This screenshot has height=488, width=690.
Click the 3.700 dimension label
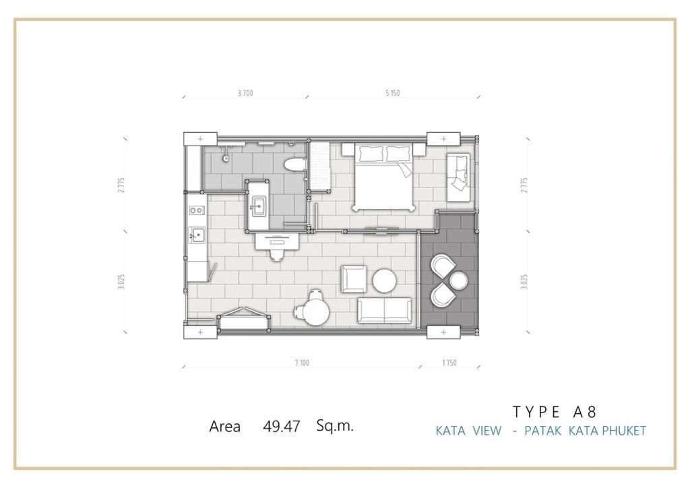coord(245,93)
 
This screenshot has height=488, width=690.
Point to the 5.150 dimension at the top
coord(393,93)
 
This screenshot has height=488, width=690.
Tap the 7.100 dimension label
coord(302,363)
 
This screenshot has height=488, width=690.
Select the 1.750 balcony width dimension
coord(449,363)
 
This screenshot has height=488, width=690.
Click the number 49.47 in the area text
coord(282,427)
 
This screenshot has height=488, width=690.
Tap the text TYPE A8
coord(555,412)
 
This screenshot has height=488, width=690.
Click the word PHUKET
coord(624,430)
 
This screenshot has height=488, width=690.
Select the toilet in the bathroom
coord(294,165)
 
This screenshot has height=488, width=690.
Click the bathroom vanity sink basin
coord(258,206)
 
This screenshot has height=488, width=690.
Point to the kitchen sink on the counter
coord(197,235)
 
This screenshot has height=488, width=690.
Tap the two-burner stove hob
coord(197,211)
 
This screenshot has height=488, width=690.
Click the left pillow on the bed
coord(372,154)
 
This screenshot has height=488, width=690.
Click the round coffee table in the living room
coord(385,280)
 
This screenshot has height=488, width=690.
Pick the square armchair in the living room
coord(354,279)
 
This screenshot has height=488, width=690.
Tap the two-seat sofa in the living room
coord(385,311)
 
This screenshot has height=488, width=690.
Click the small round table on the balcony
coord(458,280)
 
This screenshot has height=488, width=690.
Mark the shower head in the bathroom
coord(226,158)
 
